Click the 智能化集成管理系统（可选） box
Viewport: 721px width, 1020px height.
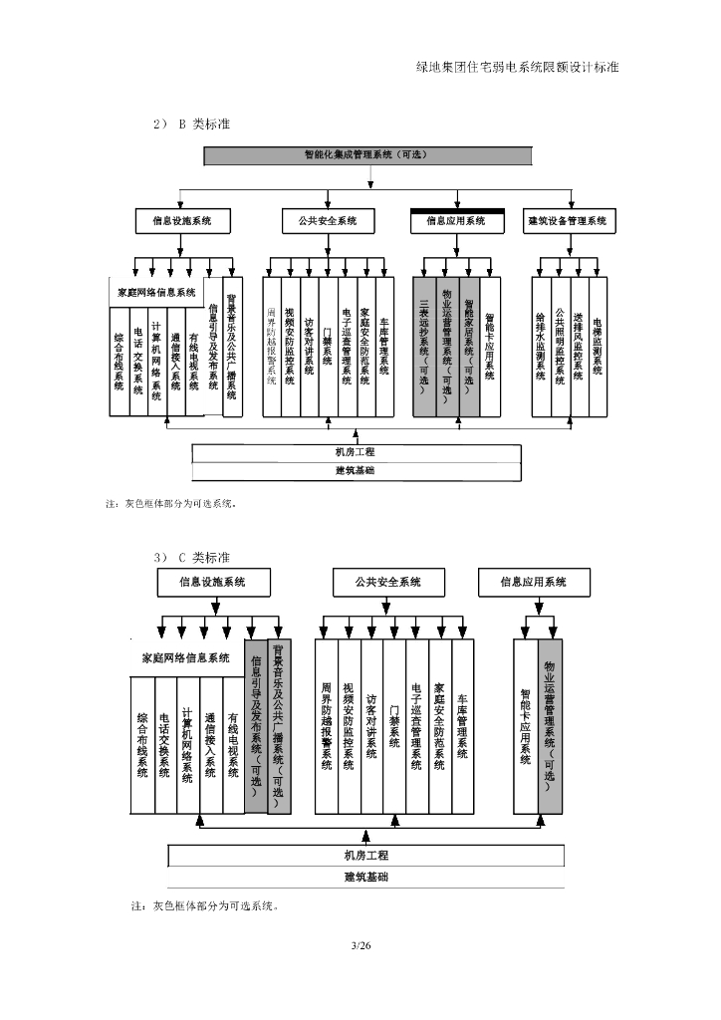(x=372, y=155)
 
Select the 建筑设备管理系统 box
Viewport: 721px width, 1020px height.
(x=567, y=220)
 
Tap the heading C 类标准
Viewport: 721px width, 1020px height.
(x=205, y=557)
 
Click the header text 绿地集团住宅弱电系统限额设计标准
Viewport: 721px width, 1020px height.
(x=517, y=67)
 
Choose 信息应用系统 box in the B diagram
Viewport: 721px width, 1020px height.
(x=456, y=220)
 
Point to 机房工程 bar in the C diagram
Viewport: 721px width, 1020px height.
(x=365, y=856)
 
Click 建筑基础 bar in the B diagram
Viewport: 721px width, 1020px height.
(x=356, y=470)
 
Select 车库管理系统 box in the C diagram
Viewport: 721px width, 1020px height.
(x=463, y=724)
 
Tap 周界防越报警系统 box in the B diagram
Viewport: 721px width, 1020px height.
(x=272, y=345)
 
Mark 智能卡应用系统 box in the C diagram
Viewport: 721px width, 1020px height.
(x=525, y=724)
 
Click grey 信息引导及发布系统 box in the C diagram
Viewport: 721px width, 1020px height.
(x=256, y=724)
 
